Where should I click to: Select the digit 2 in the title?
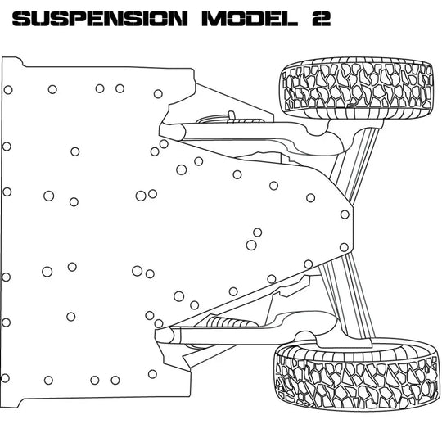320,19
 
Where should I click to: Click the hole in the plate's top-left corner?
8,90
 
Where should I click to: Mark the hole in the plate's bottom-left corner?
7,377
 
